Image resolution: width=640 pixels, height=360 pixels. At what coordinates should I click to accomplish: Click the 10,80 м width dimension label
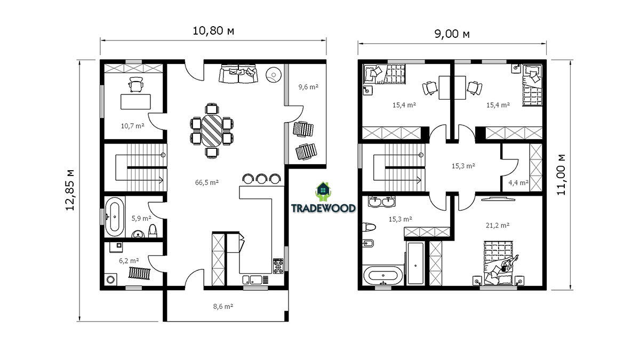213,31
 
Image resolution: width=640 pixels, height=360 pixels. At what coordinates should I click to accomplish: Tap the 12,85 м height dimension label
70,190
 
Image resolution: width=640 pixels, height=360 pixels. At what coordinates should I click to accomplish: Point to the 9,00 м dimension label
452,34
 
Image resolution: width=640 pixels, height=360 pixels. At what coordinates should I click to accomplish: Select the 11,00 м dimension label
561,175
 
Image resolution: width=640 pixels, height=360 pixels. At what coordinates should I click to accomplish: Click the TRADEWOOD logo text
323,208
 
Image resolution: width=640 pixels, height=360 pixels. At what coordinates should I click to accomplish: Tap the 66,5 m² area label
207,182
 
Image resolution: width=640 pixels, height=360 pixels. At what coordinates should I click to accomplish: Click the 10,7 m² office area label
133,126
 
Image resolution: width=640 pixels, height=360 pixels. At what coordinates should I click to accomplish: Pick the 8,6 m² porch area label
223,306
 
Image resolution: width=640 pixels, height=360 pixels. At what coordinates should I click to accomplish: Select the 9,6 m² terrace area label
308,87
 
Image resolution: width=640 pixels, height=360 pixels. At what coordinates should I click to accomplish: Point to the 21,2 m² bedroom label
498,226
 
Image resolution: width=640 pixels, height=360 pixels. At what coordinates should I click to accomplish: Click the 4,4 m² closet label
518,182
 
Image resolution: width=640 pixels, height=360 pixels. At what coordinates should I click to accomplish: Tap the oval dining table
212,130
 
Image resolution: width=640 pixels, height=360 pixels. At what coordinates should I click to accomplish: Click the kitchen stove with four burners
278,266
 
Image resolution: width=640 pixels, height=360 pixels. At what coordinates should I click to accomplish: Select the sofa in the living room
238,74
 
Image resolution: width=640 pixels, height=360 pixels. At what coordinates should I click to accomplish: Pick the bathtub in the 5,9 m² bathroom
115,217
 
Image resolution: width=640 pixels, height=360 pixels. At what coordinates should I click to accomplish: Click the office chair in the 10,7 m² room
135,85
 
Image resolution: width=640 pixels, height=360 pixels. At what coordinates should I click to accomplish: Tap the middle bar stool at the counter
261,179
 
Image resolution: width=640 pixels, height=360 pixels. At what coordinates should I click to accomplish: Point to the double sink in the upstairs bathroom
382,202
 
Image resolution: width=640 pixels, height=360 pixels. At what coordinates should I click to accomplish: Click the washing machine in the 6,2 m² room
110,279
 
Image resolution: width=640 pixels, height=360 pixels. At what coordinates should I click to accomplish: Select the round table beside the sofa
274,75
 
